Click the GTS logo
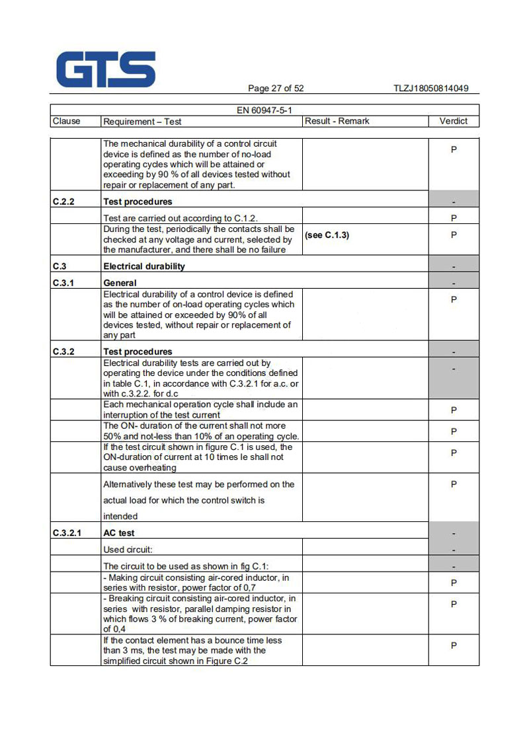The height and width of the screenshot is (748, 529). [106, 69]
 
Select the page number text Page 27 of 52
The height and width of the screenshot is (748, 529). [276, 89]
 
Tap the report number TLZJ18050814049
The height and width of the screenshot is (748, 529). [430, 89]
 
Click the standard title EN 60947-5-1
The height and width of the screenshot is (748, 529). [264, 110]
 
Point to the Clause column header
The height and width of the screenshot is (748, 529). [66, 121]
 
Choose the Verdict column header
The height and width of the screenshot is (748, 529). [453, 121]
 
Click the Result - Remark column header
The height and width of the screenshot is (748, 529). [337, 121]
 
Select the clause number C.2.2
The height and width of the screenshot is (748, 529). [63, 202]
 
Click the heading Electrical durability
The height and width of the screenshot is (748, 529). [144, 266]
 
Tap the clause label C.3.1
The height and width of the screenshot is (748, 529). [63, 283]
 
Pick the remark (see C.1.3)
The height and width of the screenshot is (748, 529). [327, 235]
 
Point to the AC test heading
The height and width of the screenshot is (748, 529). [119, 533]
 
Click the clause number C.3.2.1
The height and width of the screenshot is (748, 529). [67, 533]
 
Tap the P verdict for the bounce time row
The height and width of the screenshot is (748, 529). [454, 646]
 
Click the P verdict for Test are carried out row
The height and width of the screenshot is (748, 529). [454, 217]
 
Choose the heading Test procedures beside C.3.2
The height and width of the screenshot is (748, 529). [138, 352]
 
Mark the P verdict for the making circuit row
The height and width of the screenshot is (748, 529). [454, 583]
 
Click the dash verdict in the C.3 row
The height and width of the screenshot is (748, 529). [454, 266]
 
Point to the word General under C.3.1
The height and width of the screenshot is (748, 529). [120, 283]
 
